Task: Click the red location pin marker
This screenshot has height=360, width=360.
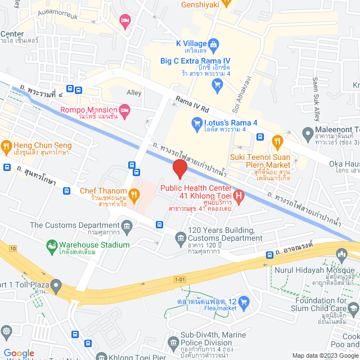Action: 179,169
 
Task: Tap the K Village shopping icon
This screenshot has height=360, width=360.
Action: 214,43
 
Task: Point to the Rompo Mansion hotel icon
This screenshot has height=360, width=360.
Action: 124,109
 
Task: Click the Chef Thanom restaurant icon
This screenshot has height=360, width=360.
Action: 134,195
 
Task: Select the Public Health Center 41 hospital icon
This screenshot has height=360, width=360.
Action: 238,195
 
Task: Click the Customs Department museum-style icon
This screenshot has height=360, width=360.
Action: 127,227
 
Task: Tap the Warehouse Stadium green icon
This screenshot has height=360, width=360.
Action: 52,245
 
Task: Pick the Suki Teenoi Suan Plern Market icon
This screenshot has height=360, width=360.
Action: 276,141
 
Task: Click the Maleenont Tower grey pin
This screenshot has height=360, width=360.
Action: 308,134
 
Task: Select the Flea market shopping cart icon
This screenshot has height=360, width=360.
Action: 244,303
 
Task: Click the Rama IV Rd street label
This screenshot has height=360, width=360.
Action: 192,103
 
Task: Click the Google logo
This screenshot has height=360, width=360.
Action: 19,353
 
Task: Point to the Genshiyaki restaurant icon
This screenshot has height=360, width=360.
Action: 226,2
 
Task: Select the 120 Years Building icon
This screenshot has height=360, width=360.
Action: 181,238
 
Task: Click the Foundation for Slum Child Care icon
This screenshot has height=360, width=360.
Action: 353,308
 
